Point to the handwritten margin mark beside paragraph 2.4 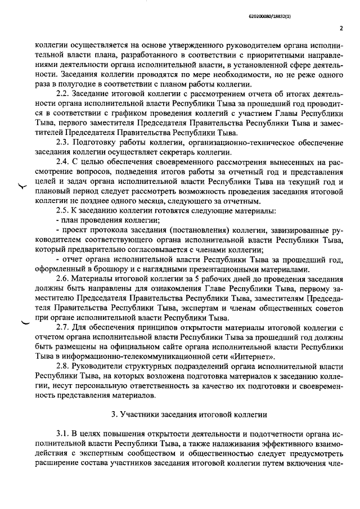22,188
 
